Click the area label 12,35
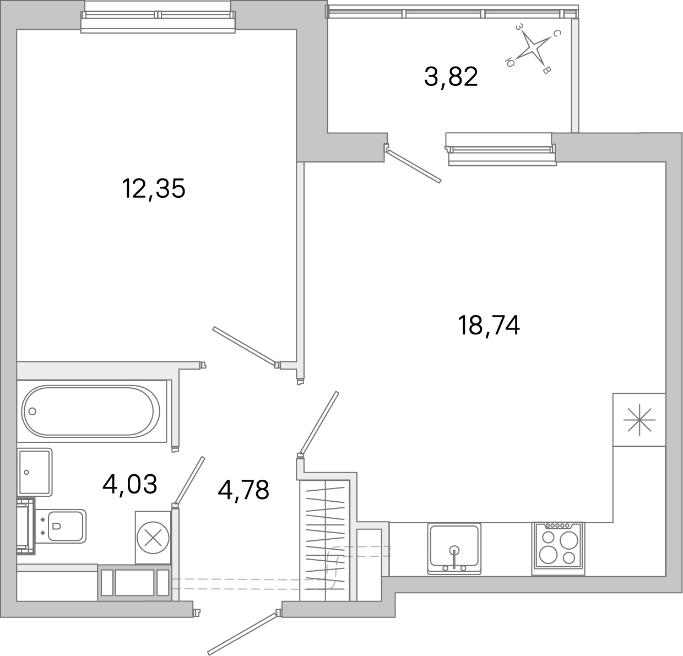(153, 189)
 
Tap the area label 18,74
(489, 326)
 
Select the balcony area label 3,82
(451, 77)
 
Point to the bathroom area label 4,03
(130, 484)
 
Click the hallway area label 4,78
(243, 490)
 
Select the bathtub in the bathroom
(91, 411)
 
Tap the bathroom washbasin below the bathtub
(35, 471)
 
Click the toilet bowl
(66, 526)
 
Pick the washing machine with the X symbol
(153, 538)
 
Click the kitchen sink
(454, 547)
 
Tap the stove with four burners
(557, 548)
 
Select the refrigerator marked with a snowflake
(639, 419)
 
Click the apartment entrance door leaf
(242, 631)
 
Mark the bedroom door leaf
(243, 346)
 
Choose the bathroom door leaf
(189, 480)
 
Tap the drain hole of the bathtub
(32, 411)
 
